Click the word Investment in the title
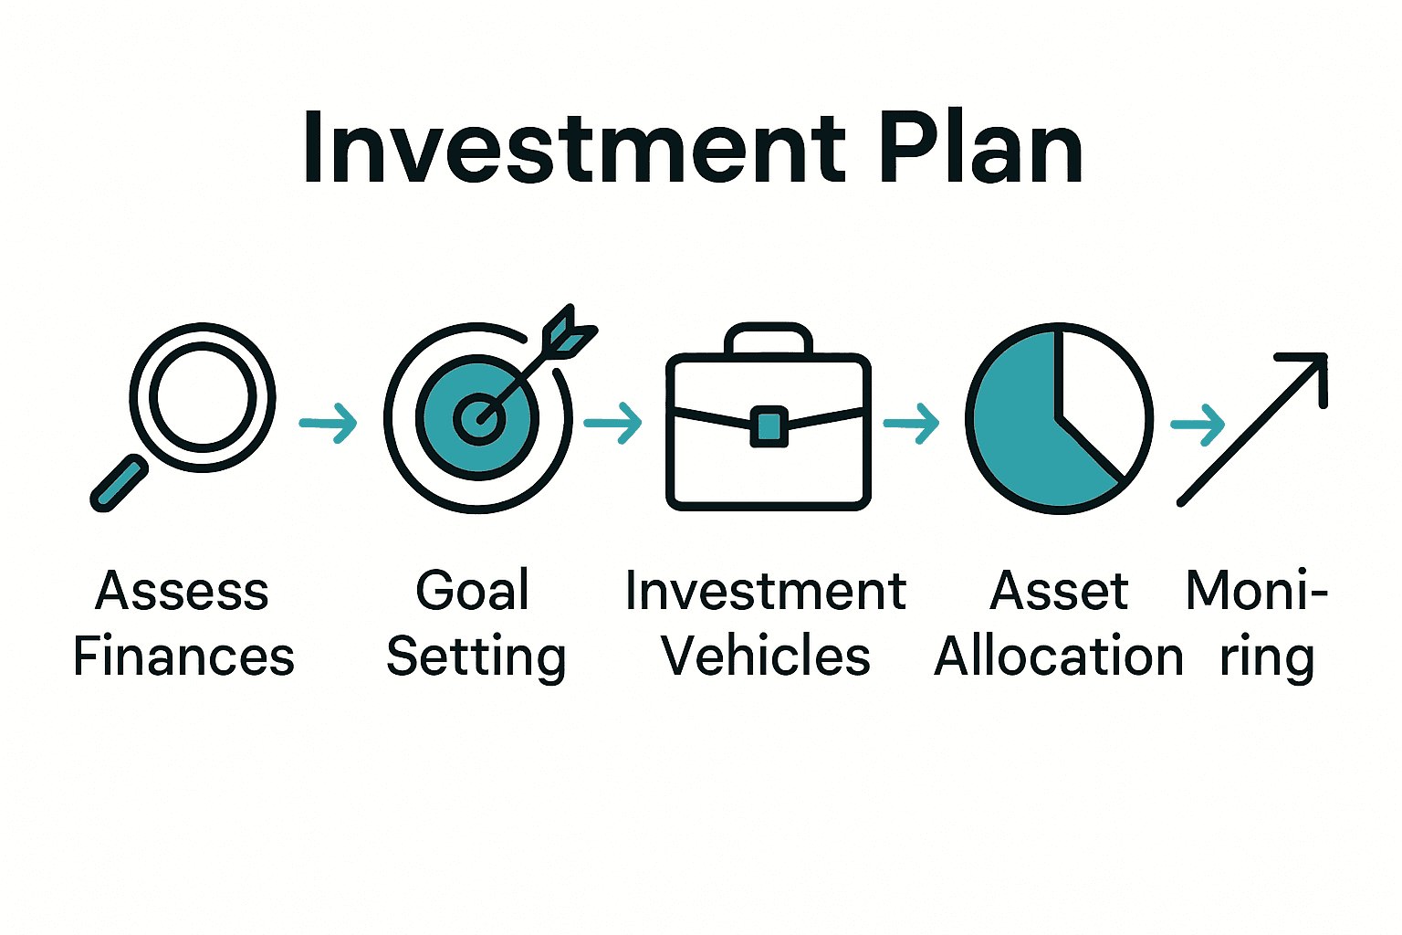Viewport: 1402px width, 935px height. [575, 149]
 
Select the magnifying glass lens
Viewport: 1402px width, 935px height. [202, 397]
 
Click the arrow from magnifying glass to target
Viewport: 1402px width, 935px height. [329, 422]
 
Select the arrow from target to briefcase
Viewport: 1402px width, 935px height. [613, 422]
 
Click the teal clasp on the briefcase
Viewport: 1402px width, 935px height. [769, 426]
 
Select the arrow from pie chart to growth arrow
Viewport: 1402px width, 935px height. [1198, 424]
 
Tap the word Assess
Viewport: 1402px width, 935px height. [183, 591]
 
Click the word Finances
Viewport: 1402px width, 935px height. [183, 657]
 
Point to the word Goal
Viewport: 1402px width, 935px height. [473, 591]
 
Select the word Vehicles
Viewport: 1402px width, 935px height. [766, 657]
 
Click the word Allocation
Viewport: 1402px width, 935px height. [1059, 657]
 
